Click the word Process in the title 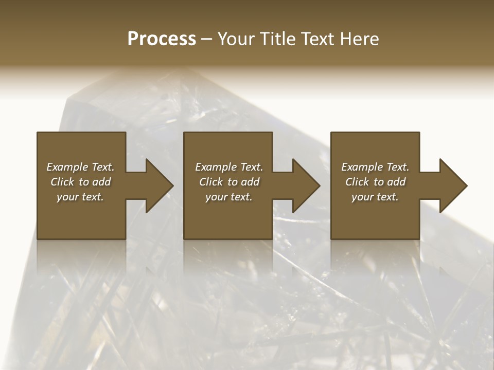click(x=162, y=39)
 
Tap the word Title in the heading click(x=278, y=39)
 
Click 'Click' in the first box click(x=62, y=182)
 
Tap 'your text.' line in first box click(x=80, y=197)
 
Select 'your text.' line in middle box click(x=229, y=197)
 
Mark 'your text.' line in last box click(x=375, y=197)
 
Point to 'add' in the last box click(x=396, y=182)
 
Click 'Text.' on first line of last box click(x=398, y=167)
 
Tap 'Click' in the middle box click(x=211, y=182)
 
